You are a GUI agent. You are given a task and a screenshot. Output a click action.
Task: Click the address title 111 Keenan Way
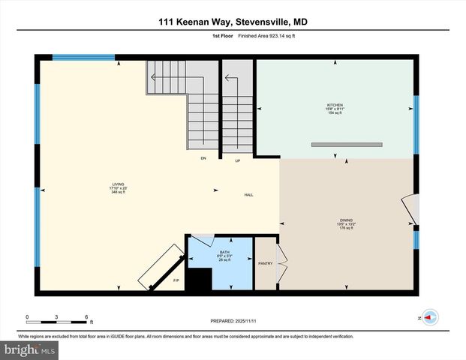click(233, 22)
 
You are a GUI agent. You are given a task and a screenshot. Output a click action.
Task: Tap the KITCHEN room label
click(335, 105)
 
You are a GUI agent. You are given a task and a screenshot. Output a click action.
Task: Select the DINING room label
click(346, 220)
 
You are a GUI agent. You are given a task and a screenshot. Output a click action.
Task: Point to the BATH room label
click(225, 252)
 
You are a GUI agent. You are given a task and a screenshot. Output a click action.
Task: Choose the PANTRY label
click(266, 264)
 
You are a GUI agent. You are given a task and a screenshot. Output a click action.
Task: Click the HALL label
click(248, 195)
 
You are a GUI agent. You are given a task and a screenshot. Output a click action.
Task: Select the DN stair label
click(203, 158)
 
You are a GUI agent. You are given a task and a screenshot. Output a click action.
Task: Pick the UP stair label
click(238, 160)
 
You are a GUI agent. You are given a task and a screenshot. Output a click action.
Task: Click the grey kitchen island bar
click(347, 144)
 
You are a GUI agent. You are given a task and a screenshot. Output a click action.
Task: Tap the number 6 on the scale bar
click(86, 316)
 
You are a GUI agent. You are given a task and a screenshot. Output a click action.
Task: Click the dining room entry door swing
click(410, 209)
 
